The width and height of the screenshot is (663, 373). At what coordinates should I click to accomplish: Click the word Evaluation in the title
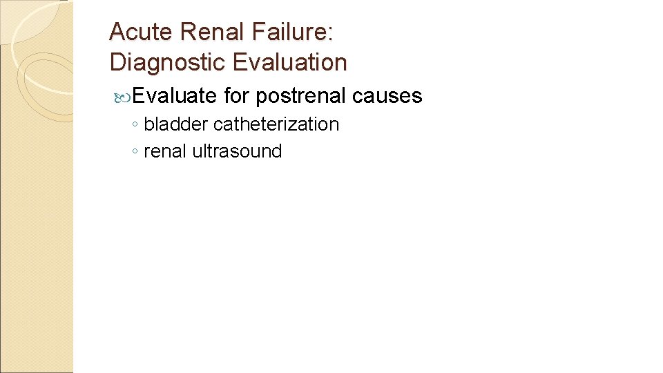[289, 62]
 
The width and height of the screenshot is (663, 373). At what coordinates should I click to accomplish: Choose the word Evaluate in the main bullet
[174, 95]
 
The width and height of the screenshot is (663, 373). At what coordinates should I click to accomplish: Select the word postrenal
[300, 96]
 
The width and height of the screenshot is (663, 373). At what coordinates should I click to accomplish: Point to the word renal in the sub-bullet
[165, 151]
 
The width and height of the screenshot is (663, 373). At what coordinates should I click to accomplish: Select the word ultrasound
[237, 151]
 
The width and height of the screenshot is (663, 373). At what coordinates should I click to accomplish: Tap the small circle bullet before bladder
[135, 126]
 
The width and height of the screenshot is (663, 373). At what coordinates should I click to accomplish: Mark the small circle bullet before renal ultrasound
[135, 153]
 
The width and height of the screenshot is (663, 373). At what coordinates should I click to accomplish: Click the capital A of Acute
[117, 32]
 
